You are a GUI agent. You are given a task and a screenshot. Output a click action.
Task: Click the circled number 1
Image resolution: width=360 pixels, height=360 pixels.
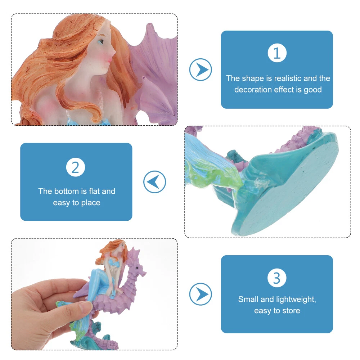277,53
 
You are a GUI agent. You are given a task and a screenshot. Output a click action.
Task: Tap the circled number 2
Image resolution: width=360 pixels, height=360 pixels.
76,167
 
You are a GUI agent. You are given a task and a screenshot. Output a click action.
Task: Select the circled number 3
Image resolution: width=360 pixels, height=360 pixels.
277,278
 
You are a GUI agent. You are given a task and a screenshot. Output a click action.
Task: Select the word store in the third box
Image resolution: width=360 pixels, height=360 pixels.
291,311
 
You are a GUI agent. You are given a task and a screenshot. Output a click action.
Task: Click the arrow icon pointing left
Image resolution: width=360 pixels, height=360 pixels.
154,182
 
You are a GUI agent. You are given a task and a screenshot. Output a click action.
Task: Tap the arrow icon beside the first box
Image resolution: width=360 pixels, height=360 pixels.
201,69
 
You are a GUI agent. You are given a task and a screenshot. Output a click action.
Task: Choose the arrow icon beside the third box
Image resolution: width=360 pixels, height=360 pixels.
201,294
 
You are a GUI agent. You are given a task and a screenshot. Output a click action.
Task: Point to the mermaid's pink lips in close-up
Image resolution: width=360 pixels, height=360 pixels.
110,60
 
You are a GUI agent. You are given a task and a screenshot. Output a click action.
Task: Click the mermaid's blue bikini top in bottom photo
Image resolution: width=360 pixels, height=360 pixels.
113,263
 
